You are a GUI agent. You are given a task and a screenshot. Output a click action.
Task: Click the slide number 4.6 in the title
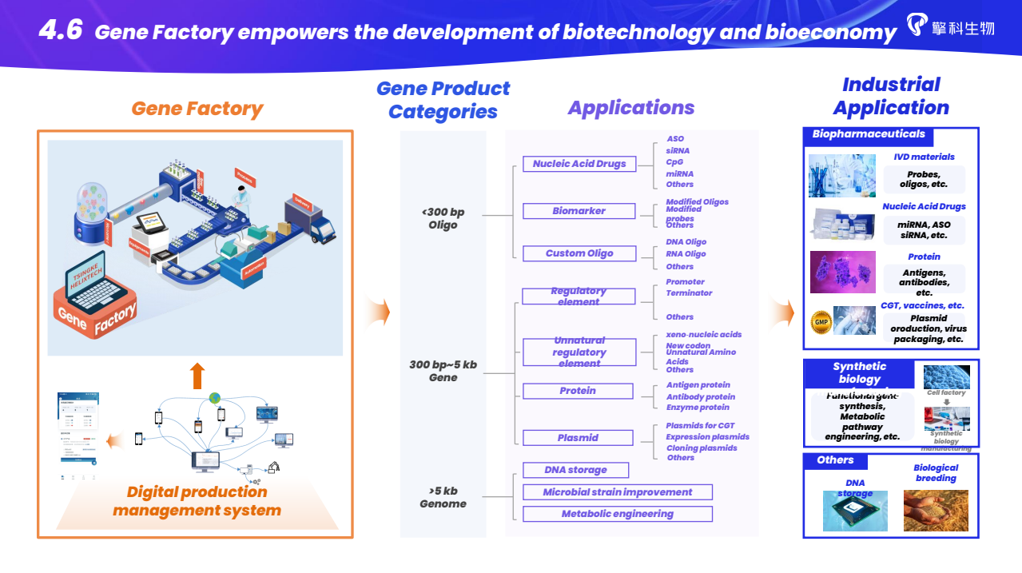[61, 30]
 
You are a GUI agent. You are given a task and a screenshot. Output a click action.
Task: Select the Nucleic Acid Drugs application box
[579, 164]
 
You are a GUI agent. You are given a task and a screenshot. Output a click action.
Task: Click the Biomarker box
[579, 211]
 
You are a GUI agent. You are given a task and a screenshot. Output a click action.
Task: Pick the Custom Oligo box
[579, 253]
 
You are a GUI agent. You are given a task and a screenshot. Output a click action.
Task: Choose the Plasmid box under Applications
[578, 438]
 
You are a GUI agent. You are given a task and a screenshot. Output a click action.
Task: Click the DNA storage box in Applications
[575, 470]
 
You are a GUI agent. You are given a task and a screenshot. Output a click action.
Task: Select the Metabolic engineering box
[617, 514]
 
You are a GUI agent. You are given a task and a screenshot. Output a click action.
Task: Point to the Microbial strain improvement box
[617, 492]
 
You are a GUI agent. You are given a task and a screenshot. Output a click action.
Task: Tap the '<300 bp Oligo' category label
[443, 218]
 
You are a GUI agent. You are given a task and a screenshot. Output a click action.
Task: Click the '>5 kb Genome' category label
[443, 497]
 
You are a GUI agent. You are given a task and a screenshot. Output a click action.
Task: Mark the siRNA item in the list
[678, 150]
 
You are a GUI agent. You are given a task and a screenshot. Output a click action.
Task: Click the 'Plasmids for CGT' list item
[700, 426]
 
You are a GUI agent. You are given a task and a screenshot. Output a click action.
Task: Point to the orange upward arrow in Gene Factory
[197, 375]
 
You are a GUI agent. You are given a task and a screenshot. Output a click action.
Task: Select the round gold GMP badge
[821, 322]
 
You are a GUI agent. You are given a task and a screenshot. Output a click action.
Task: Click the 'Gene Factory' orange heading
[197, 109]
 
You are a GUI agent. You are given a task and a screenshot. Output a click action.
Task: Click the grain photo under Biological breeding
[935, 511]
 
